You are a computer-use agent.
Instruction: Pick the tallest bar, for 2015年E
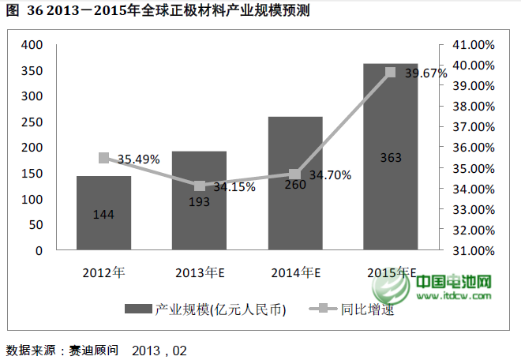390,197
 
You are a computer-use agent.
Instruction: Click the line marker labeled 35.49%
103,158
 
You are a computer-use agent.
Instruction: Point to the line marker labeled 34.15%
199,186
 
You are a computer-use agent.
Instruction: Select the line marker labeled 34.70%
295,174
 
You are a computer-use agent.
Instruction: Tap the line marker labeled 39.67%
390,72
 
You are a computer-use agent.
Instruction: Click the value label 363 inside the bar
390,158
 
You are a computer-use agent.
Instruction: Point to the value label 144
103,214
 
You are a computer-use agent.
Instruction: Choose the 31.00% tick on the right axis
471,250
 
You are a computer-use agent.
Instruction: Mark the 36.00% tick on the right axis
471,148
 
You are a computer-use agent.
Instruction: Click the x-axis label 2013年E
199,272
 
